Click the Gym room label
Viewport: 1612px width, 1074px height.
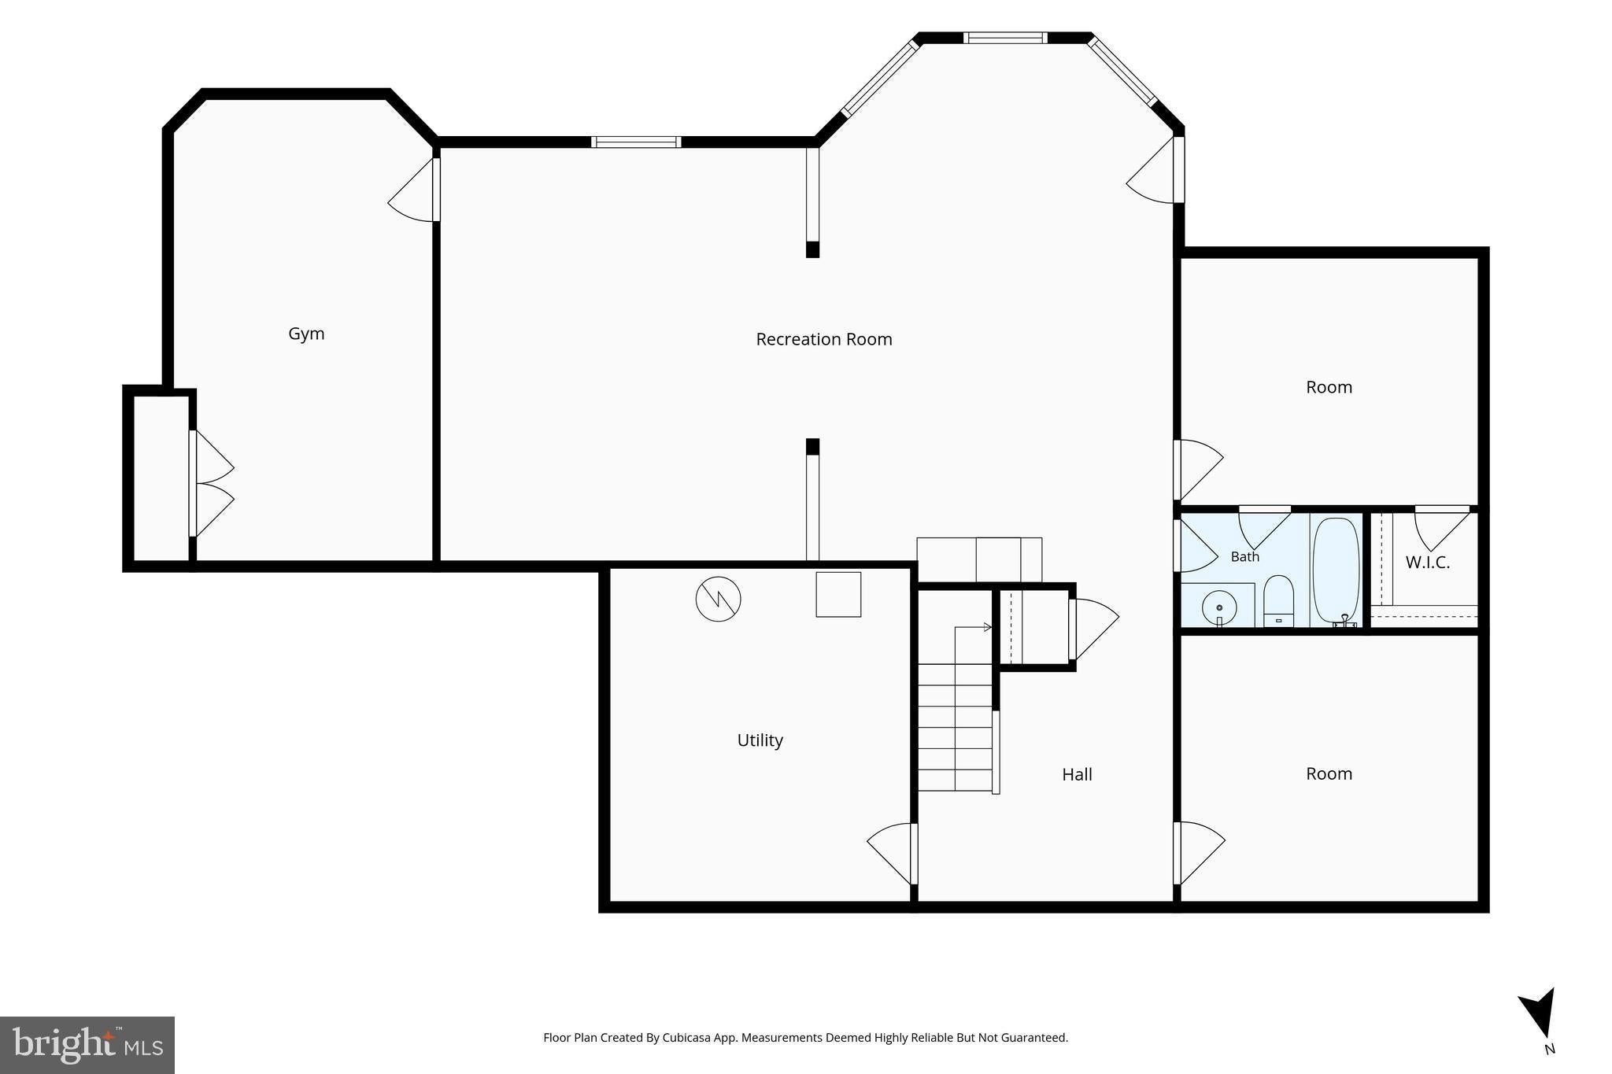tap(306, 334)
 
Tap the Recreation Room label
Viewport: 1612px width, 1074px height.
tap(824, 339)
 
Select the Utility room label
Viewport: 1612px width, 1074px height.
tap(760, 740)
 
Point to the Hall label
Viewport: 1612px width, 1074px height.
tap(1077, 774)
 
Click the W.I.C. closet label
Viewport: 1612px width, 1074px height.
tap(1428, 563)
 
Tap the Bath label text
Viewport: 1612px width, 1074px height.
tap(1245, 556)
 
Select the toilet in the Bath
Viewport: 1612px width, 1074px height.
tap(1279, 602)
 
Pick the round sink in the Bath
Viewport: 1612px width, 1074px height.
tap(1219, 608)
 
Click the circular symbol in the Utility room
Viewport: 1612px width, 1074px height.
tap(718, 600)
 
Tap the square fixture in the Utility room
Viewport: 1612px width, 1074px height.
tap(838, 594)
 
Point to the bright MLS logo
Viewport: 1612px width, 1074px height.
tap(87, 1045)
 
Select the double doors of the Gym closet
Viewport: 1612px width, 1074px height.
tap(211, 484)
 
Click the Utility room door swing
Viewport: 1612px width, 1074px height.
tap(893, 853)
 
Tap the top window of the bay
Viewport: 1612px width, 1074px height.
tap(1005, 37)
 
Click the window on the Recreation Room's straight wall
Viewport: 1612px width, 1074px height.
tap(636, 142)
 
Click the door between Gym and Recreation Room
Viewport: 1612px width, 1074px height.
tap(414, 190)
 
